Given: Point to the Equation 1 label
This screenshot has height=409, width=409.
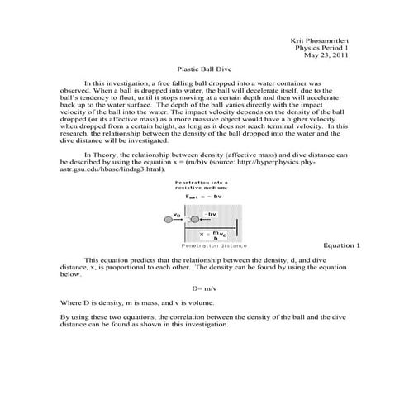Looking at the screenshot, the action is (341, 245).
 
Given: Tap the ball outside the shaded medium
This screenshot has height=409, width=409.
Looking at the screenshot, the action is (169, 219).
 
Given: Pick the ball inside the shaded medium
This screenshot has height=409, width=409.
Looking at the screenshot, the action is (194, 219).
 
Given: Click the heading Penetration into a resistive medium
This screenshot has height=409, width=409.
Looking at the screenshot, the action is (201, 185).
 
